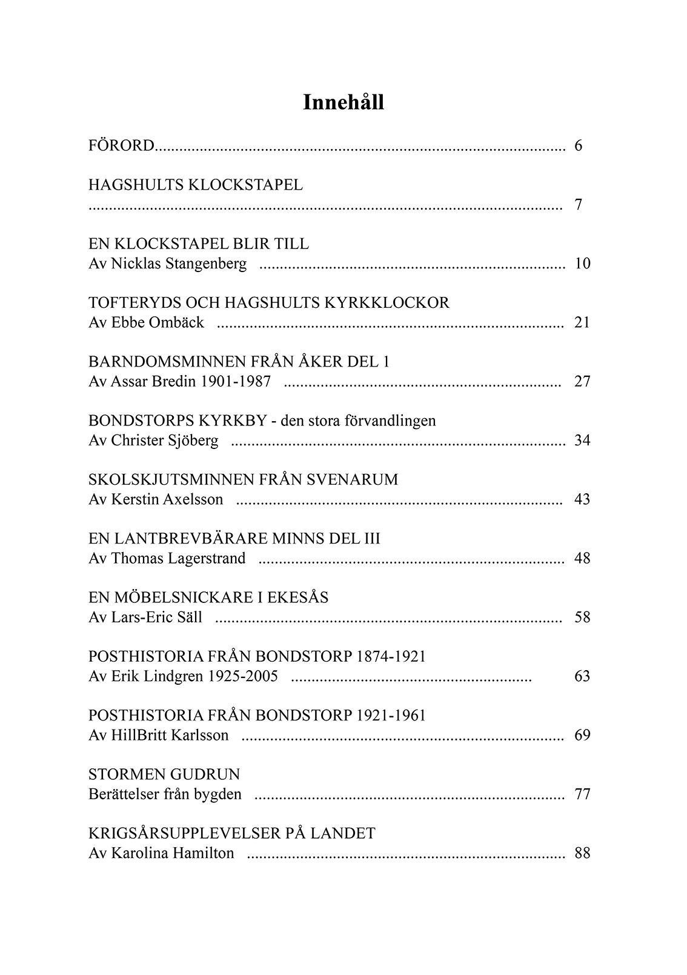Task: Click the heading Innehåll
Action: click(x=343, y=103)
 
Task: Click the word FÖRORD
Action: click(x=122, y=146)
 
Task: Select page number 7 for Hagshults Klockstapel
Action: click(x=579, y=205)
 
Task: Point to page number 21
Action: click(x=582, y=323)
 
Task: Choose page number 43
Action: click(x=582, y=500)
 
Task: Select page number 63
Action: click(x=582, y=677)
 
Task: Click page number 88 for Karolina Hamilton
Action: click(x=582, y=854)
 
